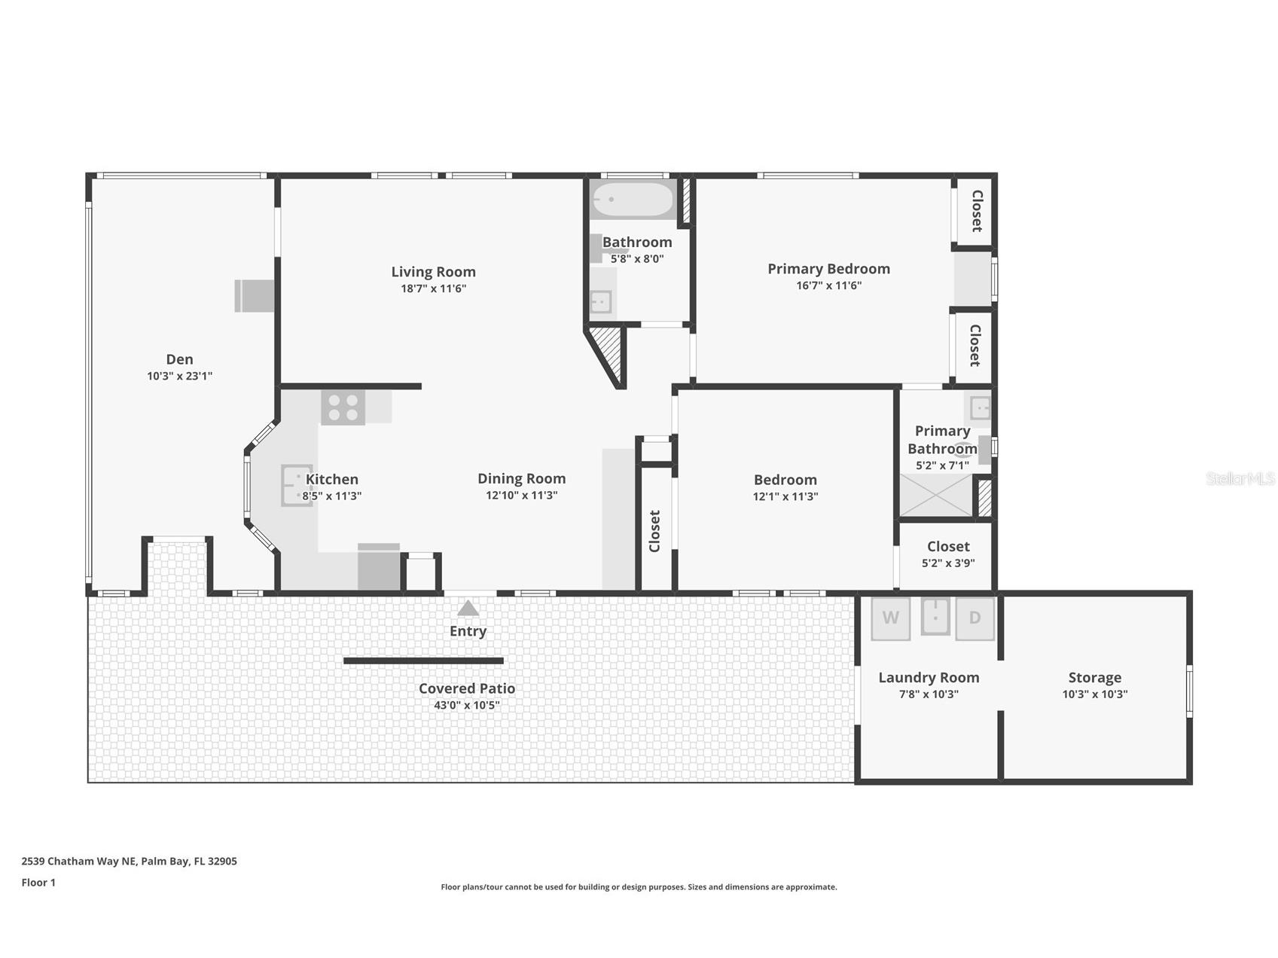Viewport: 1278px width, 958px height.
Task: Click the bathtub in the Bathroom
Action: (x=633, y=200)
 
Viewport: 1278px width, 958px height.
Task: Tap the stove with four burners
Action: (x=343, y=407)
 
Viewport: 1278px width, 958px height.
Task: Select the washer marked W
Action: (x=890, y=618)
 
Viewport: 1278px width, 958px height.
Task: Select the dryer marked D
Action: (x=975, y=618)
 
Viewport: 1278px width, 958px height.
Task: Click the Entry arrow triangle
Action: (x=468, y=609)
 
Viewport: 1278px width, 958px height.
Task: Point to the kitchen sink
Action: (x=295, y=485)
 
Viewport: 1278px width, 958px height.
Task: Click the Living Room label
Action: (x=433, y=272)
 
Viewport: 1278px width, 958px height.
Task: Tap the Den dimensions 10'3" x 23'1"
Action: (x=179, y=376)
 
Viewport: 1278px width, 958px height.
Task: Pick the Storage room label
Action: (x=1094, y=678)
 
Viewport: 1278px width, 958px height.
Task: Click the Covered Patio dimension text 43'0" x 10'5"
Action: (x=466, y=706)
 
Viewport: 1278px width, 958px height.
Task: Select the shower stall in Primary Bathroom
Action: (x=936, y=495)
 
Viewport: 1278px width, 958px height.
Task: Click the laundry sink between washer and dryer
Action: (x=935, y=617)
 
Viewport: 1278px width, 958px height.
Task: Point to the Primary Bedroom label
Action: (x=828, y=269)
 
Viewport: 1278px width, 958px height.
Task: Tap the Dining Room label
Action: (x=521, y=478)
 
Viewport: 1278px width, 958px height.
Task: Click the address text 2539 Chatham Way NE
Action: (x=129, y=861)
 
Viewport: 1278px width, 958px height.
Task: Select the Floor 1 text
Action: (x=38, y=883)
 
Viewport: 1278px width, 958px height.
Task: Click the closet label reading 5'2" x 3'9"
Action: (x=948, y=563)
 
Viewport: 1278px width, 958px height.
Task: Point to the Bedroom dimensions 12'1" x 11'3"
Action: (x=785, y=496)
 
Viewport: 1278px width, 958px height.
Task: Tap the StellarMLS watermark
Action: (x=1240, y=478)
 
